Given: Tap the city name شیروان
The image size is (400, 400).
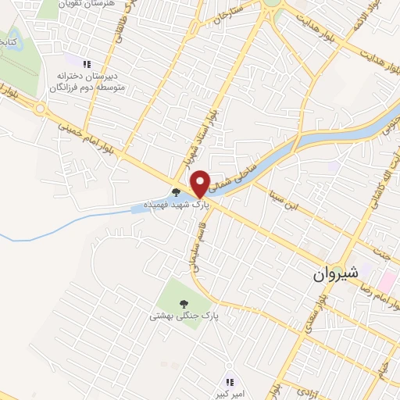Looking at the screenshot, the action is coord(334,273).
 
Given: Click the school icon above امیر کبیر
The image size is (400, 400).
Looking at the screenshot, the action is coord(229,382).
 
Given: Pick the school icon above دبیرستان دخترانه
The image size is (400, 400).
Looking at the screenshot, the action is coord(87,62).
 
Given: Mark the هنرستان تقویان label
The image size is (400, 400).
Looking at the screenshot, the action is coord(86,5).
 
